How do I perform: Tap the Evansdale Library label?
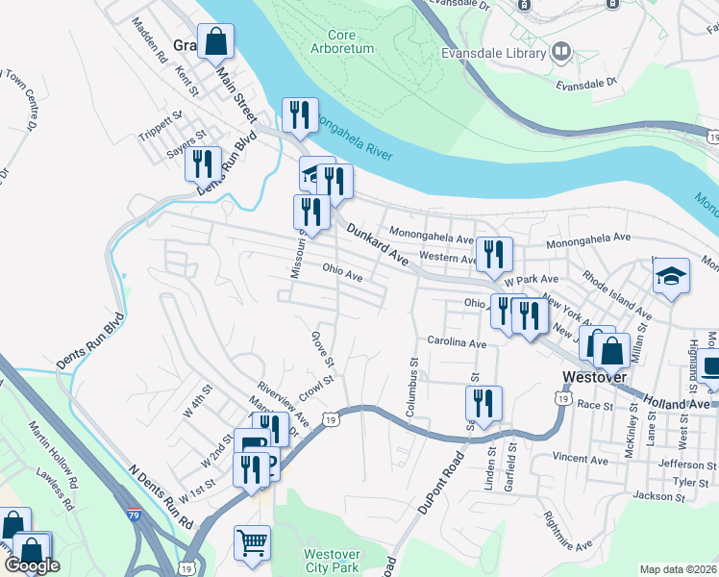pos(494,52)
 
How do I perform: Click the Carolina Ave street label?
pos(457,342)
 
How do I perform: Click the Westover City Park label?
pos(332,561)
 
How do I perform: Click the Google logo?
pos(33,565)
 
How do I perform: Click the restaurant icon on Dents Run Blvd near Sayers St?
pos(203,164)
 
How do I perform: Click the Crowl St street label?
pos(315,387)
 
